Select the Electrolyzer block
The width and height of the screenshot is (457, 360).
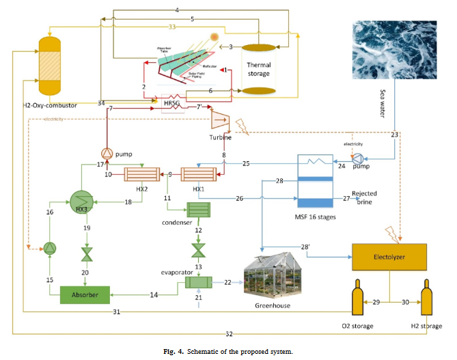coord(389,255)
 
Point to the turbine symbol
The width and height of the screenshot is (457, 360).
coord(221,120)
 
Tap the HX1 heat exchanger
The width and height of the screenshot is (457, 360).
coord(197,175)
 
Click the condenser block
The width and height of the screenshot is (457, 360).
coord(198,212)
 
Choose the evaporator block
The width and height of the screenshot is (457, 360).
coord(198,281)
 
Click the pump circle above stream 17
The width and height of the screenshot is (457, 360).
coord(107,152)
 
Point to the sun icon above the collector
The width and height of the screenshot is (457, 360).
coord(214,38)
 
